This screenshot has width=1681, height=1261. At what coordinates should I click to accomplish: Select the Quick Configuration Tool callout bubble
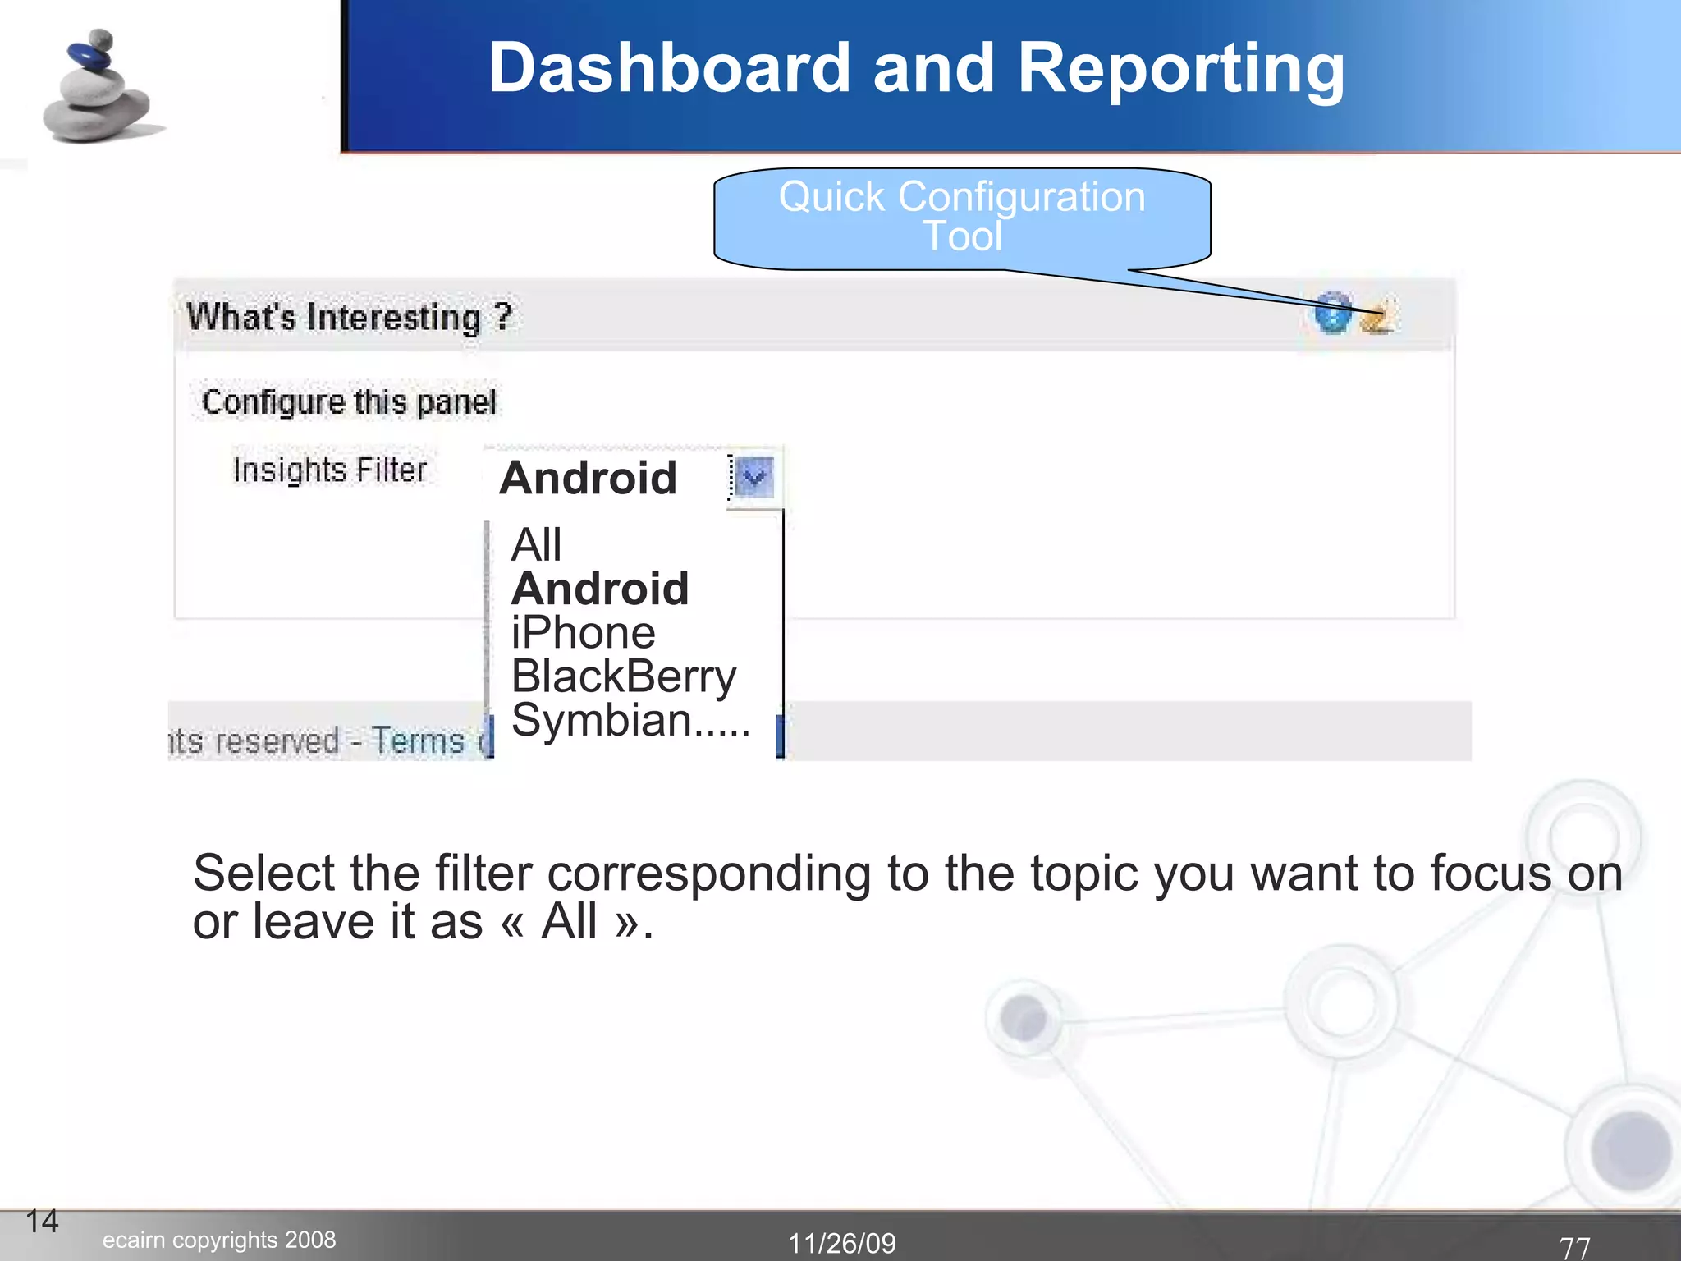(x=962, y=218)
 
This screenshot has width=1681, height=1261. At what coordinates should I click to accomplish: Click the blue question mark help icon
(x=1333, y=313)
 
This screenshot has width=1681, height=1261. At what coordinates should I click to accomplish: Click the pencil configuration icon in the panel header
(x=1378, y=317)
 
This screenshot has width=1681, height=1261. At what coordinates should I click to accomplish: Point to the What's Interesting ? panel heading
(x=349, y=317)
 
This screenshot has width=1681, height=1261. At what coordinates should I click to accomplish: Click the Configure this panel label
(x=349, y=402)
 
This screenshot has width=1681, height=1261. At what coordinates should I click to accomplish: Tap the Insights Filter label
(x=330, y=470)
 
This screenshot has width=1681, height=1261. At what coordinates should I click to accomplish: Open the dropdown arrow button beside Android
(x=753, y=477)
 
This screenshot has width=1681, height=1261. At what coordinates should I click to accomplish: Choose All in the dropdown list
(x=536, y=545)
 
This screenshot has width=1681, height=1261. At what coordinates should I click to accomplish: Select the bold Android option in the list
(x=600, y=589)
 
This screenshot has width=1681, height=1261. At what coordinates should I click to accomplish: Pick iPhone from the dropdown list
(x=583, y=633)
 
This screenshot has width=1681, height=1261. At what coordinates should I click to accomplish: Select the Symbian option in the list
(x=629, y=720)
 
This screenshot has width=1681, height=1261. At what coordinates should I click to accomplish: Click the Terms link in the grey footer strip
(x=418, y=741)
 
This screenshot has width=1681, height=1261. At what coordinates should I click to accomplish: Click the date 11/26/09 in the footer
(x=842, y=1243)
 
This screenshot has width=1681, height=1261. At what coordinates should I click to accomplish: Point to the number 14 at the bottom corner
(x=42, y=1222)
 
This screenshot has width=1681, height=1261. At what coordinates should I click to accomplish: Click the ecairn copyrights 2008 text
(x=219, y=1240)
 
